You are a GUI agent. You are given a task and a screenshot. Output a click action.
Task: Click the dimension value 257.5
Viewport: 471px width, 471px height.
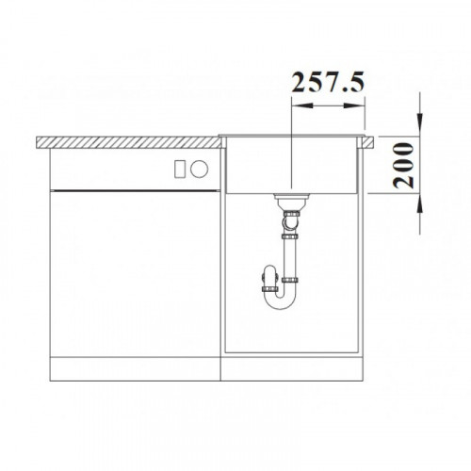[x=328, y=82]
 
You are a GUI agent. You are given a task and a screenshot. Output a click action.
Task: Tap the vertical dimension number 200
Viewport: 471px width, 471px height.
[x=403, y=166]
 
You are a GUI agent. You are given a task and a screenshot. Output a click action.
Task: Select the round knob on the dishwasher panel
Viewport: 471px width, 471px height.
[x=199, y=169]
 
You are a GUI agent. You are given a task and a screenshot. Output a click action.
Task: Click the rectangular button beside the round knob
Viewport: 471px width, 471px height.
[x=179, y=169]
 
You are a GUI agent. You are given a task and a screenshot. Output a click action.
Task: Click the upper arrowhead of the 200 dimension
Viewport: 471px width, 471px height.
[x=420, y=125]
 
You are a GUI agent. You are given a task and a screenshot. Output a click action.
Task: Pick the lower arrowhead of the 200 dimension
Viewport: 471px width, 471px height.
[x=420, y=204]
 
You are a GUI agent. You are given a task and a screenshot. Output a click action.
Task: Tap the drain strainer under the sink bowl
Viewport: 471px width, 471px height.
[x=292, y=197]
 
